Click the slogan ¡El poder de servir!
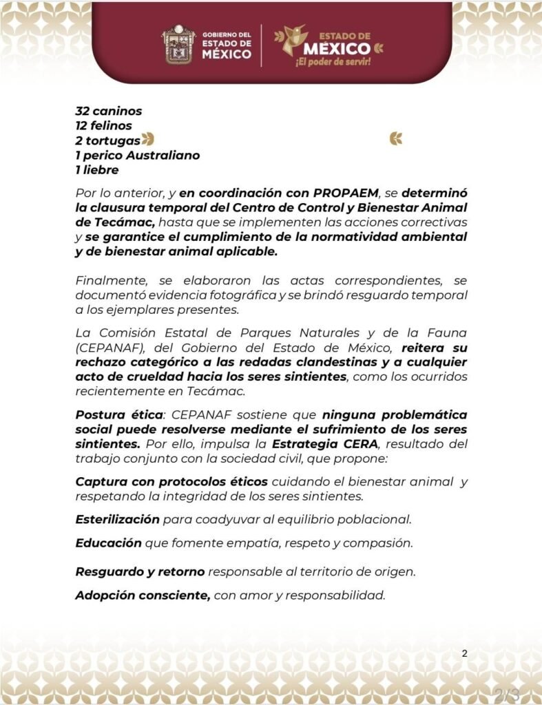[333, 63]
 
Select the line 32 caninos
[109, 110]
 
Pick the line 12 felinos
[103, 125]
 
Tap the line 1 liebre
[97, 170]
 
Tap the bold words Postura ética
[112, 415]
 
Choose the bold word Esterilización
[117, 518]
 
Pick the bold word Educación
[107, 543]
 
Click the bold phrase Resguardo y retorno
[140, 571]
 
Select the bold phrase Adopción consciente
[143, 596]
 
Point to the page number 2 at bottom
[464, 653]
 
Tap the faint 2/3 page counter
[506, 692]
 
